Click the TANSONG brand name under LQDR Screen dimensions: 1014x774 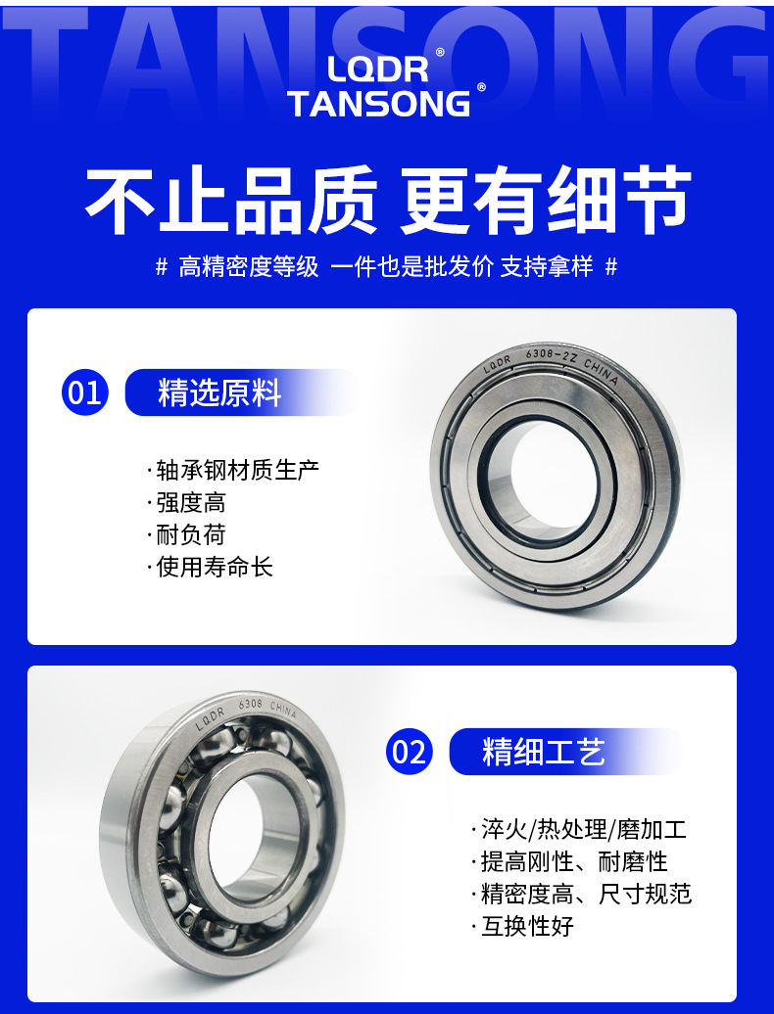[379, 104]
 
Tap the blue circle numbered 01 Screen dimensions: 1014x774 [84, 392]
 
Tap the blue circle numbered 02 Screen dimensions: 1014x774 [409, 752]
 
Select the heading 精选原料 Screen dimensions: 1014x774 [219, 392]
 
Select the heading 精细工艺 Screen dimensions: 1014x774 [544, 752]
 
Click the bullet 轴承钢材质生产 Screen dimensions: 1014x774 [237, 471]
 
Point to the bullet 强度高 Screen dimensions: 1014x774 [191, 503]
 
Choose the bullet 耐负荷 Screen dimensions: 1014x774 [191, 535]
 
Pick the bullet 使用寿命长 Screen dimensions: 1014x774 [215, 568]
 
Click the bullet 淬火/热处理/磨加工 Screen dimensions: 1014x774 [583, 830]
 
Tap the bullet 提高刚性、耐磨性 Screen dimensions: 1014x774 [573, 862]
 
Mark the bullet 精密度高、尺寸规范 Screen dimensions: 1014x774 [585, 895]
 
